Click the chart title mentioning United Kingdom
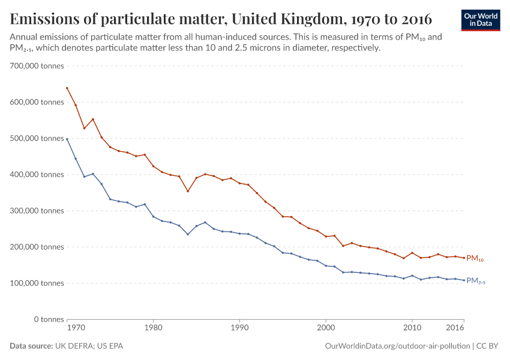[x=221, y=19]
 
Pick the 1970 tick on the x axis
[x=75, y=329]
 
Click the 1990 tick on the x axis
[x=239, y=329]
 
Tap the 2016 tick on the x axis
[x=456, y=329]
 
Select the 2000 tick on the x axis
[x=326, y=329]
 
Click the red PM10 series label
[x=475, y=259]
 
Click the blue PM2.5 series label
[x=476, y=281]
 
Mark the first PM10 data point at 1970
[x=67, y=88]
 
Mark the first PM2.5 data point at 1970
[x=67, y=139]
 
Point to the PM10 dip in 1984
[x=188, y=191]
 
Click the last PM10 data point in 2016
[x=464, y=258]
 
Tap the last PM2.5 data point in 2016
[x=464, y=280]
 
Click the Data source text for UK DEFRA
[x=67, y=346]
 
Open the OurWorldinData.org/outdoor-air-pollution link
[x=397, y=346]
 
